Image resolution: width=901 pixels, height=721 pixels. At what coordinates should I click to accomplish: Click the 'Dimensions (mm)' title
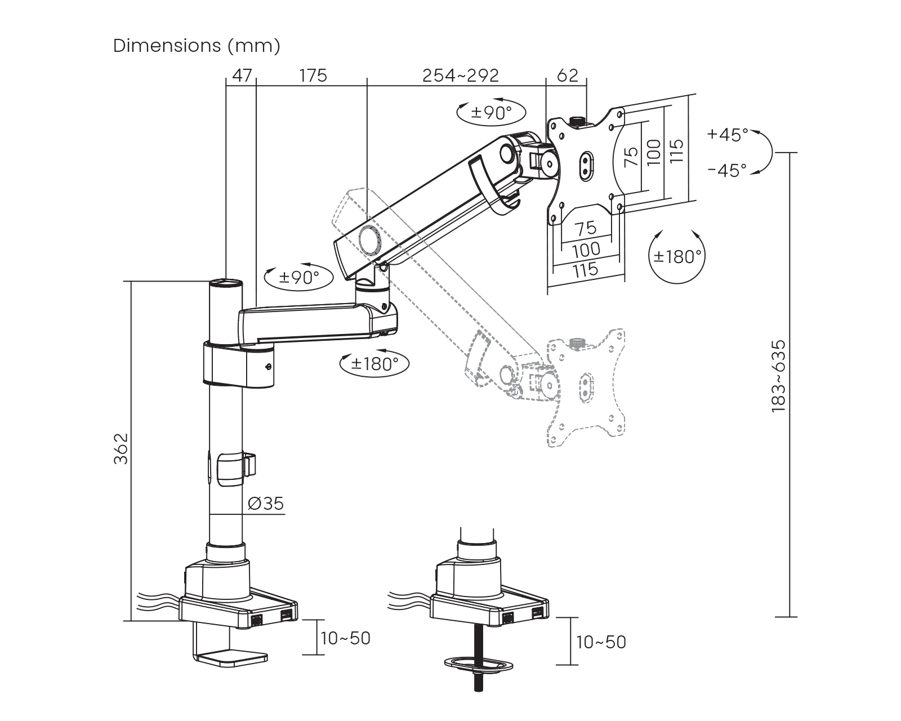197,46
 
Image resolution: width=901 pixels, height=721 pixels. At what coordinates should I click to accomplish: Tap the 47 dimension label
242,75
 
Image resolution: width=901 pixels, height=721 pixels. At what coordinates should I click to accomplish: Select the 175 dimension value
313,75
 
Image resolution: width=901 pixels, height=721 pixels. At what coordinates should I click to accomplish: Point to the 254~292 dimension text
461,75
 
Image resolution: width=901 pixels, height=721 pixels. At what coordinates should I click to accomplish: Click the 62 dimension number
567,75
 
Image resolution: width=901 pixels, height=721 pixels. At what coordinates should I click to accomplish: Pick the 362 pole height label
121,448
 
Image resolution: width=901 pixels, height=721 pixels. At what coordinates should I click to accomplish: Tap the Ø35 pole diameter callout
265,503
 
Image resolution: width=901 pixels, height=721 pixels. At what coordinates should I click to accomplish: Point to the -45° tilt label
727,170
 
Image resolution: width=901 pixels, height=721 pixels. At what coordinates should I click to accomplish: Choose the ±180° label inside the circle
677,257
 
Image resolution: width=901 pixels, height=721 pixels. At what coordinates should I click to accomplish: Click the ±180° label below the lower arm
374,364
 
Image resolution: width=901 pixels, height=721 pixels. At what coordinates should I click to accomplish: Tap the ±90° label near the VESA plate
491,112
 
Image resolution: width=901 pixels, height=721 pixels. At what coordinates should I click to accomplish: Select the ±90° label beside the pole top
298,277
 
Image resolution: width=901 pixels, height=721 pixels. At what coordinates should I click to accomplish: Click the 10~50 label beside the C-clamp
345,638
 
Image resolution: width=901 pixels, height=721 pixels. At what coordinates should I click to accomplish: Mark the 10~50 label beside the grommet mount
601,642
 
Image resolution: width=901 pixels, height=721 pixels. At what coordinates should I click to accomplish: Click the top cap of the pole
226,283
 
